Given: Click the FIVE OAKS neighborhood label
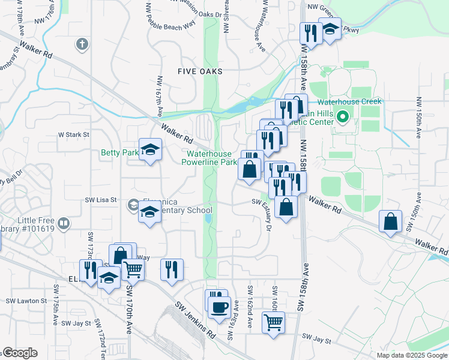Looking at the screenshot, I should [200, 71].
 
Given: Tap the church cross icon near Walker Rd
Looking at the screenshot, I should [82, 44].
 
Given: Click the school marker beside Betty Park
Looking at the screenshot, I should [150, 150].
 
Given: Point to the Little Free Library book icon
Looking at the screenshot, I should [64, 224].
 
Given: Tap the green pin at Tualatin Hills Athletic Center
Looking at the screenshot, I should [343, 117].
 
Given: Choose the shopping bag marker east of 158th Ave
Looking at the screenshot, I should [391, 222].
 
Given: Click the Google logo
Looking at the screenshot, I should [20, 353].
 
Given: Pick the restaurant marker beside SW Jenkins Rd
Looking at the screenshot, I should [172, 269].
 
